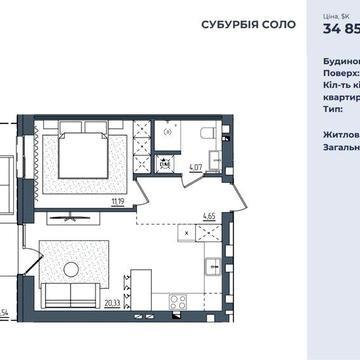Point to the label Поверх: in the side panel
[340, 73]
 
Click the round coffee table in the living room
[71, 268]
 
